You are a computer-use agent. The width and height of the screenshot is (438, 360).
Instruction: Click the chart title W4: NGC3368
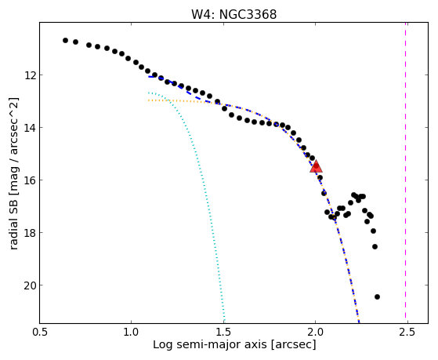pos(233,14)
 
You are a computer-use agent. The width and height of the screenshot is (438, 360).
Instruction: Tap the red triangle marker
pos(316,167)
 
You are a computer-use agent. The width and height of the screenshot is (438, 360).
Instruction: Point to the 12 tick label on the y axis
pos(30,75)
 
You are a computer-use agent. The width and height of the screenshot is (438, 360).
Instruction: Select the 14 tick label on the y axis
pos(30,128)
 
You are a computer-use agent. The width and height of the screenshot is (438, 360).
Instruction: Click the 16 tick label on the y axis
pos(30,180)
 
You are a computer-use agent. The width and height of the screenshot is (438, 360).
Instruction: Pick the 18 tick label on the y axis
pos(30,233)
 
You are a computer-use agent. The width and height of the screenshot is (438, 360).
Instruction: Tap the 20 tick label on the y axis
pos(30,285)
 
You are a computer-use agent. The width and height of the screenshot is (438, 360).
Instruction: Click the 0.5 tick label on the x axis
pos(40,332)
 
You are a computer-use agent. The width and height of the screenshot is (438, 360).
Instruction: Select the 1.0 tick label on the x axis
pos(132,332)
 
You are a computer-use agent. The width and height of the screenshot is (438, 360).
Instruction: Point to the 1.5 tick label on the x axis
pos(223,332)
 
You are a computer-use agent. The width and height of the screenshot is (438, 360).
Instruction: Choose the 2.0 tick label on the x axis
pos(316,332)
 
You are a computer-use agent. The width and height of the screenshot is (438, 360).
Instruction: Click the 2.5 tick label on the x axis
pos(407,332)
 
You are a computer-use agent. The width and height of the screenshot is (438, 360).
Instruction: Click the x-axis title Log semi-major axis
pos(210,344)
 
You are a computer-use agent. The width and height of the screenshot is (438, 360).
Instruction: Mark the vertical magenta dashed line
pos(405,173)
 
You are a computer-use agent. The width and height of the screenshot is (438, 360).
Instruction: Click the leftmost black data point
pos(65,40)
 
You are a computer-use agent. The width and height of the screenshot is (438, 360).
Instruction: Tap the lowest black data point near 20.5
pos(377,296)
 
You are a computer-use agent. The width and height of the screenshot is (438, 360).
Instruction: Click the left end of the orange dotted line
pos(149,100)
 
